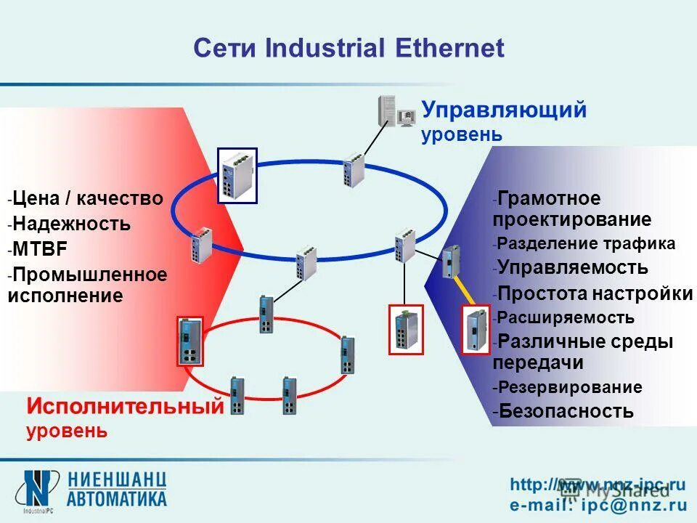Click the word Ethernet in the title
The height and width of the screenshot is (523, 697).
[449, 48]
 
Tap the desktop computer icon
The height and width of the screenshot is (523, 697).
[395, 111]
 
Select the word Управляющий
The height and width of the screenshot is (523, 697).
[505, 110]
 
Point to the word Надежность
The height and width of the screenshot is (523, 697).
[71, 224]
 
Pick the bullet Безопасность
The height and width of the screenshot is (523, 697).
[566, 411]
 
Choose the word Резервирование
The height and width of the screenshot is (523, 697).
[570, 387]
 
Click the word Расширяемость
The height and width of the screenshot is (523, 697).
[566, 317]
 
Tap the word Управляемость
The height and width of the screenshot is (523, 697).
[574, 267]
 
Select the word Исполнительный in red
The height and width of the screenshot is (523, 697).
[125, 407]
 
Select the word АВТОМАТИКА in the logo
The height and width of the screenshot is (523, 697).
[117, 498]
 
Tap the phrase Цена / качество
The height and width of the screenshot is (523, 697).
[88, 198]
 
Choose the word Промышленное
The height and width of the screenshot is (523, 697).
[90, 275]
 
